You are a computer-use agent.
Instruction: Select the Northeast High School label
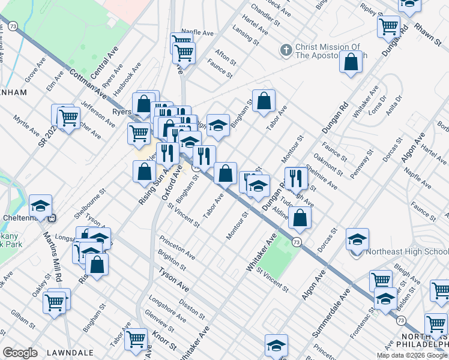pos(406,252)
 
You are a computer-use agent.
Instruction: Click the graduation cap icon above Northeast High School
pos(357,241)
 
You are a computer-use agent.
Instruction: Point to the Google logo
pos(20,353)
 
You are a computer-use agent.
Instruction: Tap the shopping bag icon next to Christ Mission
pos(351,62)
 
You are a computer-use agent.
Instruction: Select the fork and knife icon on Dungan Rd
pos(296,178)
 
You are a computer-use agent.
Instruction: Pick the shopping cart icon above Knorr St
pos(136,338)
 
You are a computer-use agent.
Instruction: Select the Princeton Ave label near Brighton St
pos(177,247)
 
